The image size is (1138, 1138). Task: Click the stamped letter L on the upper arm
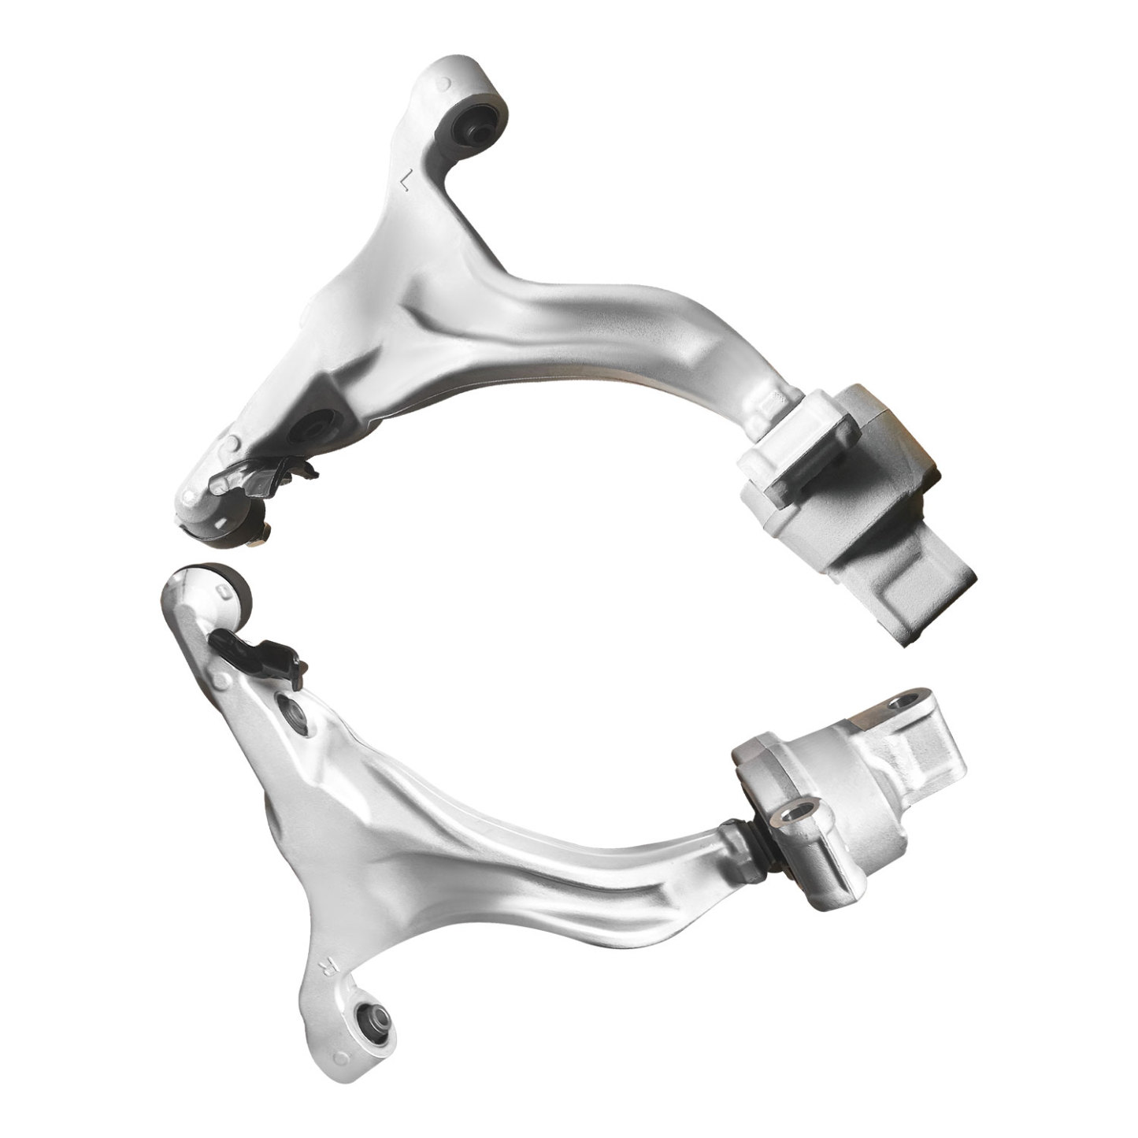[x=405, y=182]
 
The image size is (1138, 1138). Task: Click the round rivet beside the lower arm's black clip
[x=229, y=675]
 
